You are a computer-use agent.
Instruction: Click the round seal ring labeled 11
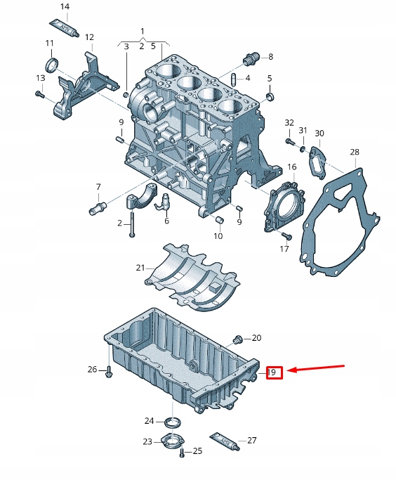(x=51, y=66)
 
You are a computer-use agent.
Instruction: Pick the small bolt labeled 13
(x=39, y=93)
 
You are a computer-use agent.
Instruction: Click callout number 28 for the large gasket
(x=354, y=153)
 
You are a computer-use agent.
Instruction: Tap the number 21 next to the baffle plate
(x=140, y=268)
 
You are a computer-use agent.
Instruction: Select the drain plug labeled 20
(x=237, y=340)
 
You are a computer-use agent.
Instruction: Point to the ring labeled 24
(x=171, y=422)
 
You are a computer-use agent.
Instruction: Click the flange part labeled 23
(x=171, y=443)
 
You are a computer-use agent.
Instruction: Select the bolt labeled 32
(x=289, y=142)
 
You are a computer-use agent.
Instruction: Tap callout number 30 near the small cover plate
(x=319, y=134)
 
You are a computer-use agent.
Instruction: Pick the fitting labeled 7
(x=97, y=207)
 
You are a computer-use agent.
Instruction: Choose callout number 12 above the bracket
(x=89, y=37)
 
